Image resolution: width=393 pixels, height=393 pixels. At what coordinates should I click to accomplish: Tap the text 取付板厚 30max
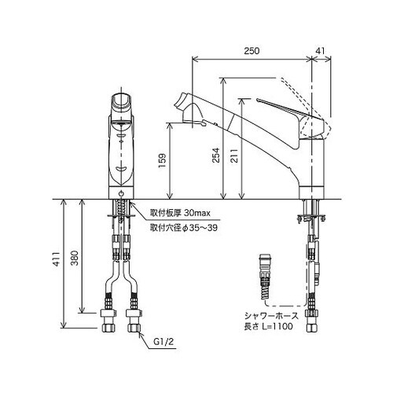click(x=179, y=212)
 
